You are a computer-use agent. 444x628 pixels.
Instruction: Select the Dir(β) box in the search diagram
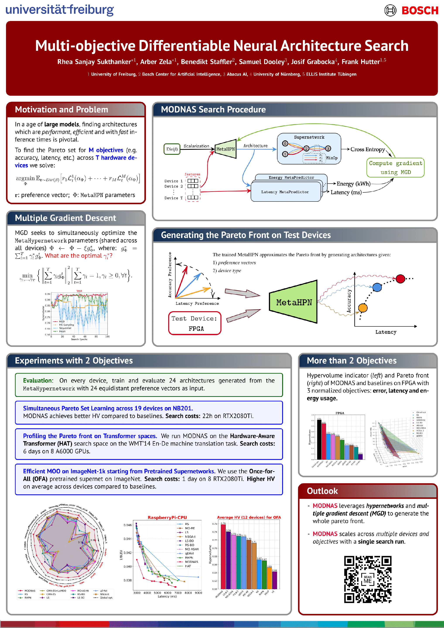[172, 149]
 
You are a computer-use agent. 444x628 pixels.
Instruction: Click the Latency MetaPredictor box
[285, 192]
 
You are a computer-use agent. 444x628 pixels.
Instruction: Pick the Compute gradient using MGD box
[395, 167]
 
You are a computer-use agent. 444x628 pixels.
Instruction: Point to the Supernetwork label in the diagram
[309, 137]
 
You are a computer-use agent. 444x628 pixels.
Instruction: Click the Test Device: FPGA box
[195, 323]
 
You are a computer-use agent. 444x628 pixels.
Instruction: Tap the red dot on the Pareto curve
[400, 279]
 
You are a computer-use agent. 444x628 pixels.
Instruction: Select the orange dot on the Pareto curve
[363, 308]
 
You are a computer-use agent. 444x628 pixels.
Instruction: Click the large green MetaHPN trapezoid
[294, 302]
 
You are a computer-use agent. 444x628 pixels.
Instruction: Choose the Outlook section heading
[322, 491]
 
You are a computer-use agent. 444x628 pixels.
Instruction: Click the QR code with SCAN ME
[368, 579]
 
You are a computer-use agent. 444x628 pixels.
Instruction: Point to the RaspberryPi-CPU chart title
[167, 517]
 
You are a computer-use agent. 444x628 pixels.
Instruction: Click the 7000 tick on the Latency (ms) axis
[178, 593]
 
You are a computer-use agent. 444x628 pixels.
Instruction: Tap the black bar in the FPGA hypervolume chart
[319, 440]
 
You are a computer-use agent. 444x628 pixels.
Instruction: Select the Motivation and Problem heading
[61, 110]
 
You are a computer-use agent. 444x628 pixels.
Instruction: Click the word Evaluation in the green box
[38, 381]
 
